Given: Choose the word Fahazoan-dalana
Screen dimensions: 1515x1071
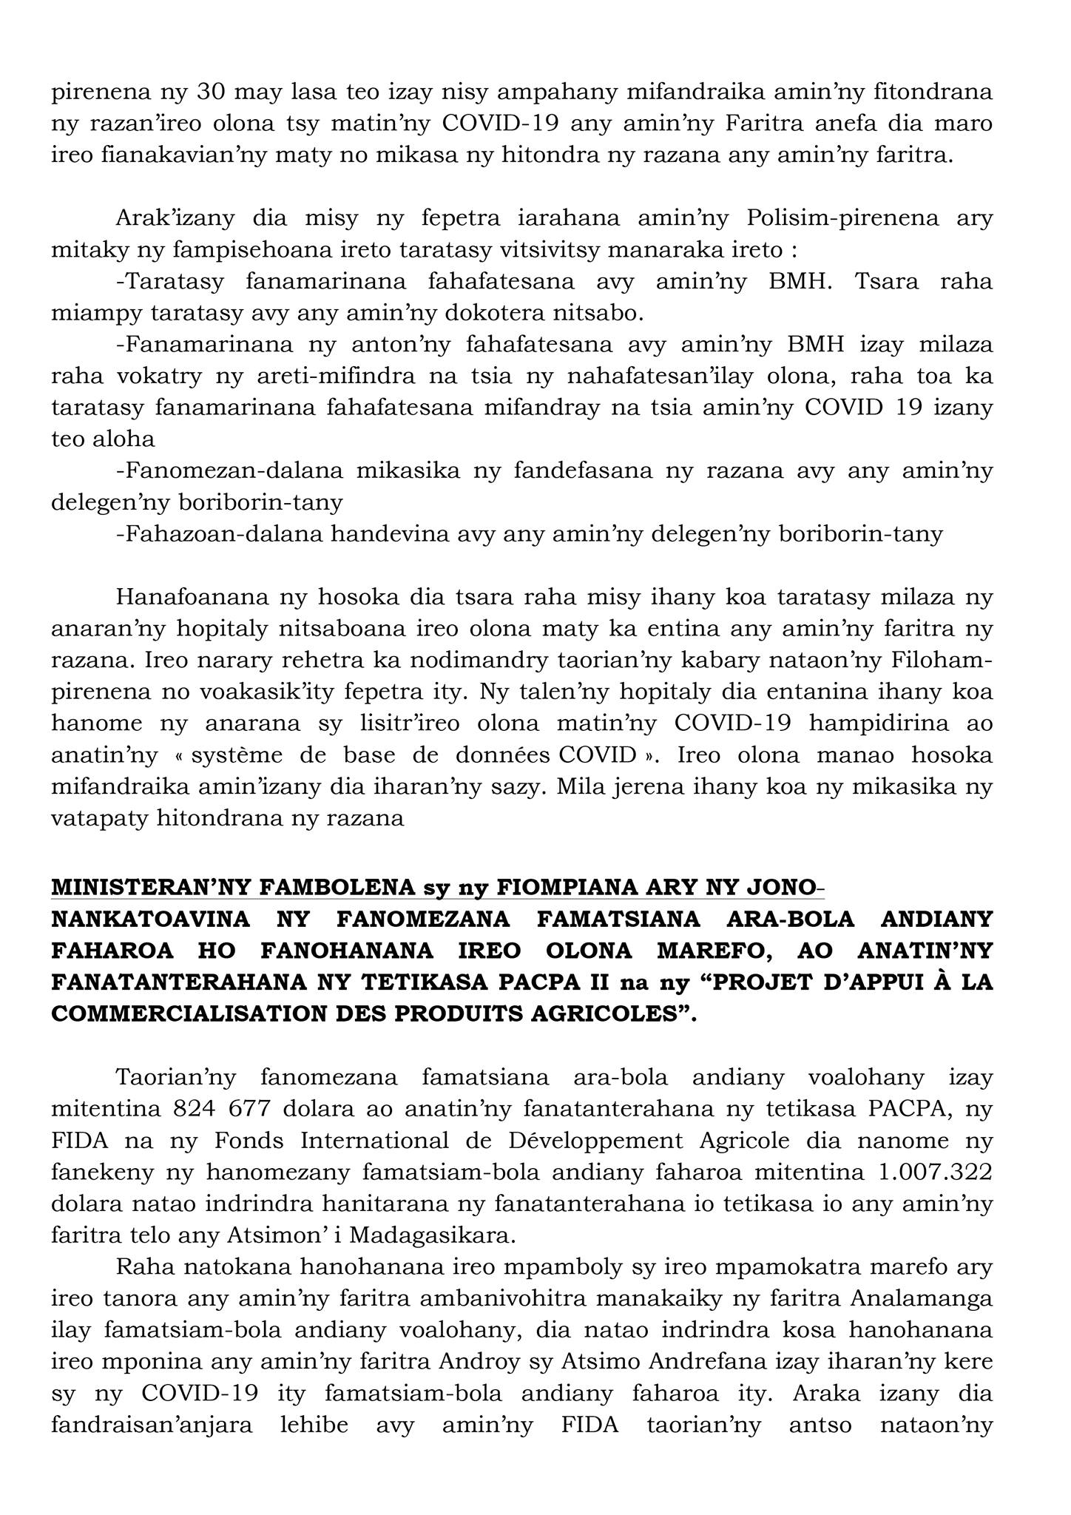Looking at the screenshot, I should click(x=220, y=533).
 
